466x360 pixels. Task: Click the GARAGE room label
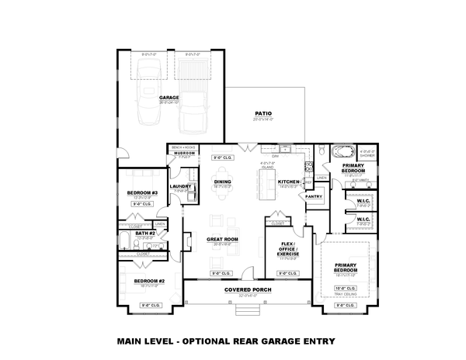[169, 97]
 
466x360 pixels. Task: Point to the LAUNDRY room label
[180, 186]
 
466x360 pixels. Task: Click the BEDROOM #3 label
[142, 192]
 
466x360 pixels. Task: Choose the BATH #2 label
[145, 233]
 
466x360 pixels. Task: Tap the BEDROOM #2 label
[145, 280]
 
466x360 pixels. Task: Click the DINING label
[223, 182]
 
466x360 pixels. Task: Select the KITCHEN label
[289, 182]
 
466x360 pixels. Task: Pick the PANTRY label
[314, 196]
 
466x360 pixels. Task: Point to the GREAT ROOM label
[222, 239]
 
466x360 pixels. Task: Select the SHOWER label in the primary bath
[367, 157]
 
